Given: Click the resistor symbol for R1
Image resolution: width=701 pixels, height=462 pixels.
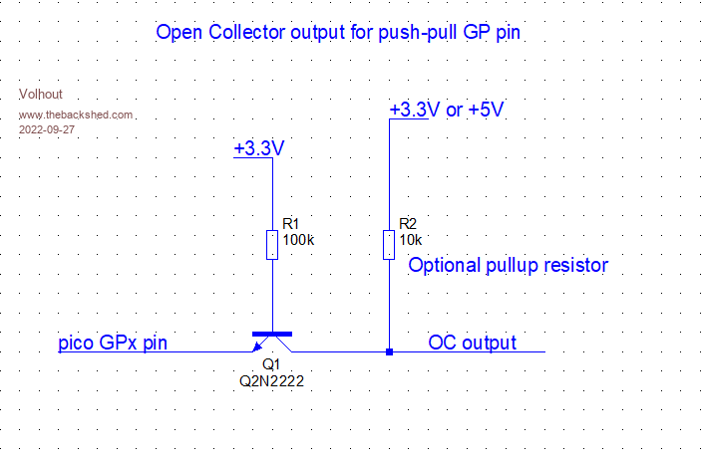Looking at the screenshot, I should click(271, 244).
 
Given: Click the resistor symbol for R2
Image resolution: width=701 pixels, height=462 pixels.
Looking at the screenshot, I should click(387, 244).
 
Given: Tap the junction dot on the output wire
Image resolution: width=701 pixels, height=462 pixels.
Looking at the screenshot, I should click(387, 351).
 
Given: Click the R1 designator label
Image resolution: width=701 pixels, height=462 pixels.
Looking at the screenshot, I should click(291, 223).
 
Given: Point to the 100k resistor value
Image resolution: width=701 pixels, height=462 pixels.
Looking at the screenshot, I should click(297, 240).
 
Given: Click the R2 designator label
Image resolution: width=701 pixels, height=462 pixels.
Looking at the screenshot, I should click(407, 223).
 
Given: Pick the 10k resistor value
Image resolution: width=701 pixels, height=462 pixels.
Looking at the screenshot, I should click(410, 240).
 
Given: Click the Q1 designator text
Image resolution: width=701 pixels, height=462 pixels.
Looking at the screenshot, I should click(269, 364).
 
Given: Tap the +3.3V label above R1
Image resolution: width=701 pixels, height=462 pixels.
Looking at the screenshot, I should click(259, 148).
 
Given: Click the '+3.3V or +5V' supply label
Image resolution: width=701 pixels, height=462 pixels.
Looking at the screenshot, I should click(446, 109).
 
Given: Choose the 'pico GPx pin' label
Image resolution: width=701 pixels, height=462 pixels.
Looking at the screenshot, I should click(112, 344).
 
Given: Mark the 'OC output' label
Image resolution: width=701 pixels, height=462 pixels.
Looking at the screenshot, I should click(473, 343).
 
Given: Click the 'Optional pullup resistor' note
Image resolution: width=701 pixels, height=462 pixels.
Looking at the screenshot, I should click(509, 266).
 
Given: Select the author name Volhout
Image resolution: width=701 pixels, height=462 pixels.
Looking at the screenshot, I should click(41, 95).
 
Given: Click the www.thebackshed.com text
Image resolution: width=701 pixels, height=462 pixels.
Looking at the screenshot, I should click(76, 115).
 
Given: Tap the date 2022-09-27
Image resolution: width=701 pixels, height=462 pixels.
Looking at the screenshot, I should click(46, 129).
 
